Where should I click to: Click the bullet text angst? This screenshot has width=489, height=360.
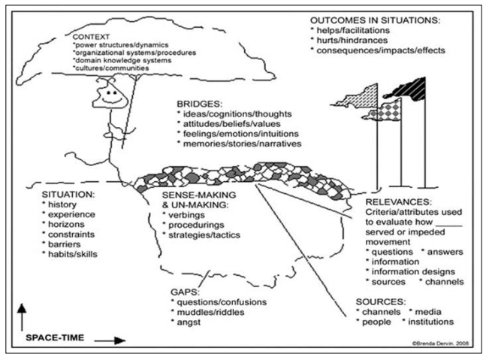click(189, 322)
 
